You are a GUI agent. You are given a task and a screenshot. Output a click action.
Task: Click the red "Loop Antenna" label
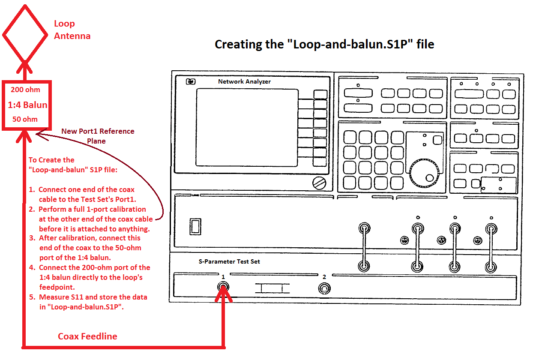tap(72, 30)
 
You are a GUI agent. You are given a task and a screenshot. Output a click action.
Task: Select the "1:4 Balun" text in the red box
tap(27, 105)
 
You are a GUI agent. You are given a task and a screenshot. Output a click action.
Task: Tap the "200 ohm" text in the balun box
tap(25, 90)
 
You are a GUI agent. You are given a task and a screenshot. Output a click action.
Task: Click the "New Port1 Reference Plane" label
tap(98, 136)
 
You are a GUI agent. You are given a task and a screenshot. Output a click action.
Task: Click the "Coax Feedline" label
tap(87, 336)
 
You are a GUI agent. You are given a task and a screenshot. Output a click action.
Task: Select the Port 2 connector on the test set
tap(324, 288)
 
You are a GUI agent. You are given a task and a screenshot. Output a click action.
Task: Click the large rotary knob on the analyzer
tap(424, 174)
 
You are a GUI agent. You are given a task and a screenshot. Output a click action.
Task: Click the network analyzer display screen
tap(247, 127)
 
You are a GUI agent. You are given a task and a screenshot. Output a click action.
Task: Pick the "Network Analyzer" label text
tap(244, 81)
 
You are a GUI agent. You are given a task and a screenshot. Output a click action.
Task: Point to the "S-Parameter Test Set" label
tap(232, 261)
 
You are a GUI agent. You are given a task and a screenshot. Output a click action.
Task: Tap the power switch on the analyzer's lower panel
tap(195, 226)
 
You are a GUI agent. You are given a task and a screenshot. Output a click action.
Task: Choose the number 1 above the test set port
tap(223, 277)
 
